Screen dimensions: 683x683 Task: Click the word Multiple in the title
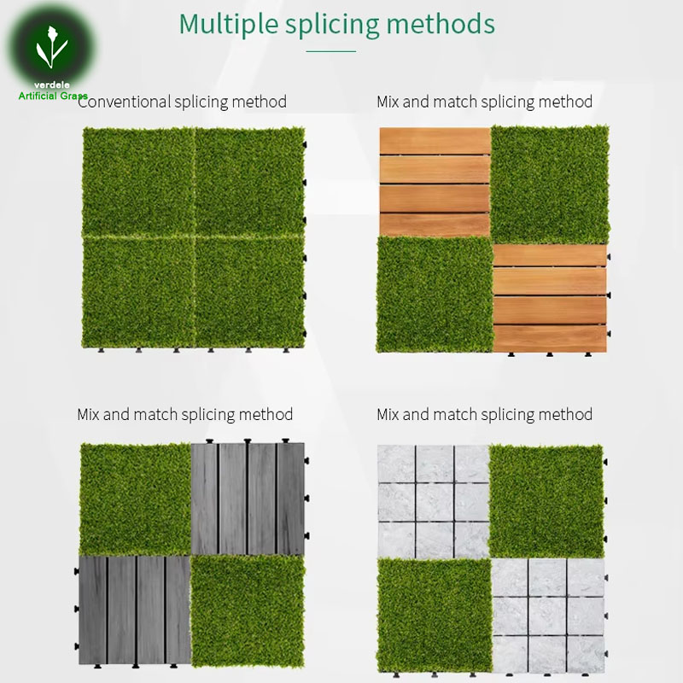point(228,24)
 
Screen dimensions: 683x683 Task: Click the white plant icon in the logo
point(52,47)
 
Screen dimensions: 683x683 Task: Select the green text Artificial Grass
point(53,96)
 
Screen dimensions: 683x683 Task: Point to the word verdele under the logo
point(52,85)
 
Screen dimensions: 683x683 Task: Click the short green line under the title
point(331,51)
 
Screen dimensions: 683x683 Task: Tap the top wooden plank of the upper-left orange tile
point(435,141)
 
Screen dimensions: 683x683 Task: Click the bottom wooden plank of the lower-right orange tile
point(550,338)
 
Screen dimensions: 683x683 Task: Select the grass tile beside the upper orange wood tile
point(550,184)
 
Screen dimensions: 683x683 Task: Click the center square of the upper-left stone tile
point(435,501)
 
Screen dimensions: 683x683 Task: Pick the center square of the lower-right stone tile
point(547,616)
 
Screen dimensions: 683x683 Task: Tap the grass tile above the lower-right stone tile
point(546,500)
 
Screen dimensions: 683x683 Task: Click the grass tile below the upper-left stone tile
point(435,616)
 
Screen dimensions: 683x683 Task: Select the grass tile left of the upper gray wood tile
point(136,499)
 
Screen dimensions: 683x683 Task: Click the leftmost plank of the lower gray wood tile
point(93,610)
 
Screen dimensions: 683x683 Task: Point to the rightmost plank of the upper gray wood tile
point(290,499)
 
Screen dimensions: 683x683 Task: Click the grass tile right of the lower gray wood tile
point(248,610)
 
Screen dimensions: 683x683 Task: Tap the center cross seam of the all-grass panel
point(194,236)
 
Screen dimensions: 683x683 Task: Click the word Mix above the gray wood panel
point(88,414)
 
